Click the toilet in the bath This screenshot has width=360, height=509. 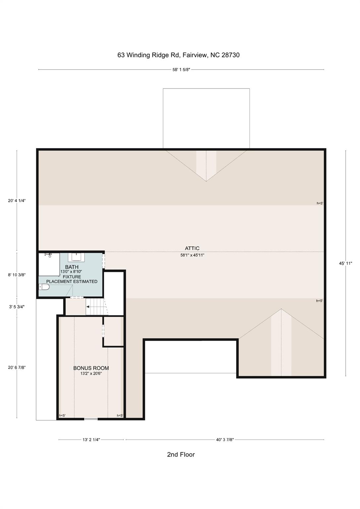pos(44,287)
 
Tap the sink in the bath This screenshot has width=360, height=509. pos(76,257)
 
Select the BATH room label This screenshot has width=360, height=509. pos(72,267)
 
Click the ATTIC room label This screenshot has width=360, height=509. pos(192,248)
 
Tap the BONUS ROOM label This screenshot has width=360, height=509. pos(91,368)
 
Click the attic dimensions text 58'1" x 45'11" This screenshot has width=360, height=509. pos(192,255)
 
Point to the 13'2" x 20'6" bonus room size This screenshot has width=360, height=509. pos(91,373)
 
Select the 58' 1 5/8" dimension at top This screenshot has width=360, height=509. pos(181,70)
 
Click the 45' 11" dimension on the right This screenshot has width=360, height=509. pos(345,263)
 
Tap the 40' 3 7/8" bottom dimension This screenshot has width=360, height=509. pos(225,440)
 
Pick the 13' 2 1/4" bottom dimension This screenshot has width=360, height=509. pos(91,440)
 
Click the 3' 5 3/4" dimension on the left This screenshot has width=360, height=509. pos(17,307)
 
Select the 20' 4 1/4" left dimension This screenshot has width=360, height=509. pos(17,200)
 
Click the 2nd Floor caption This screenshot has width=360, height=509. pos(181,455)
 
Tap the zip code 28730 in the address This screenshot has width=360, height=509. pos(230,55)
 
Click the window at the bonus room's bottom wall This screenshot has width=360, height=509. pos(91,419)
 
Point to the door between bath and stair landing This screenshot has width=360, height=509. pos(77,297)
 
